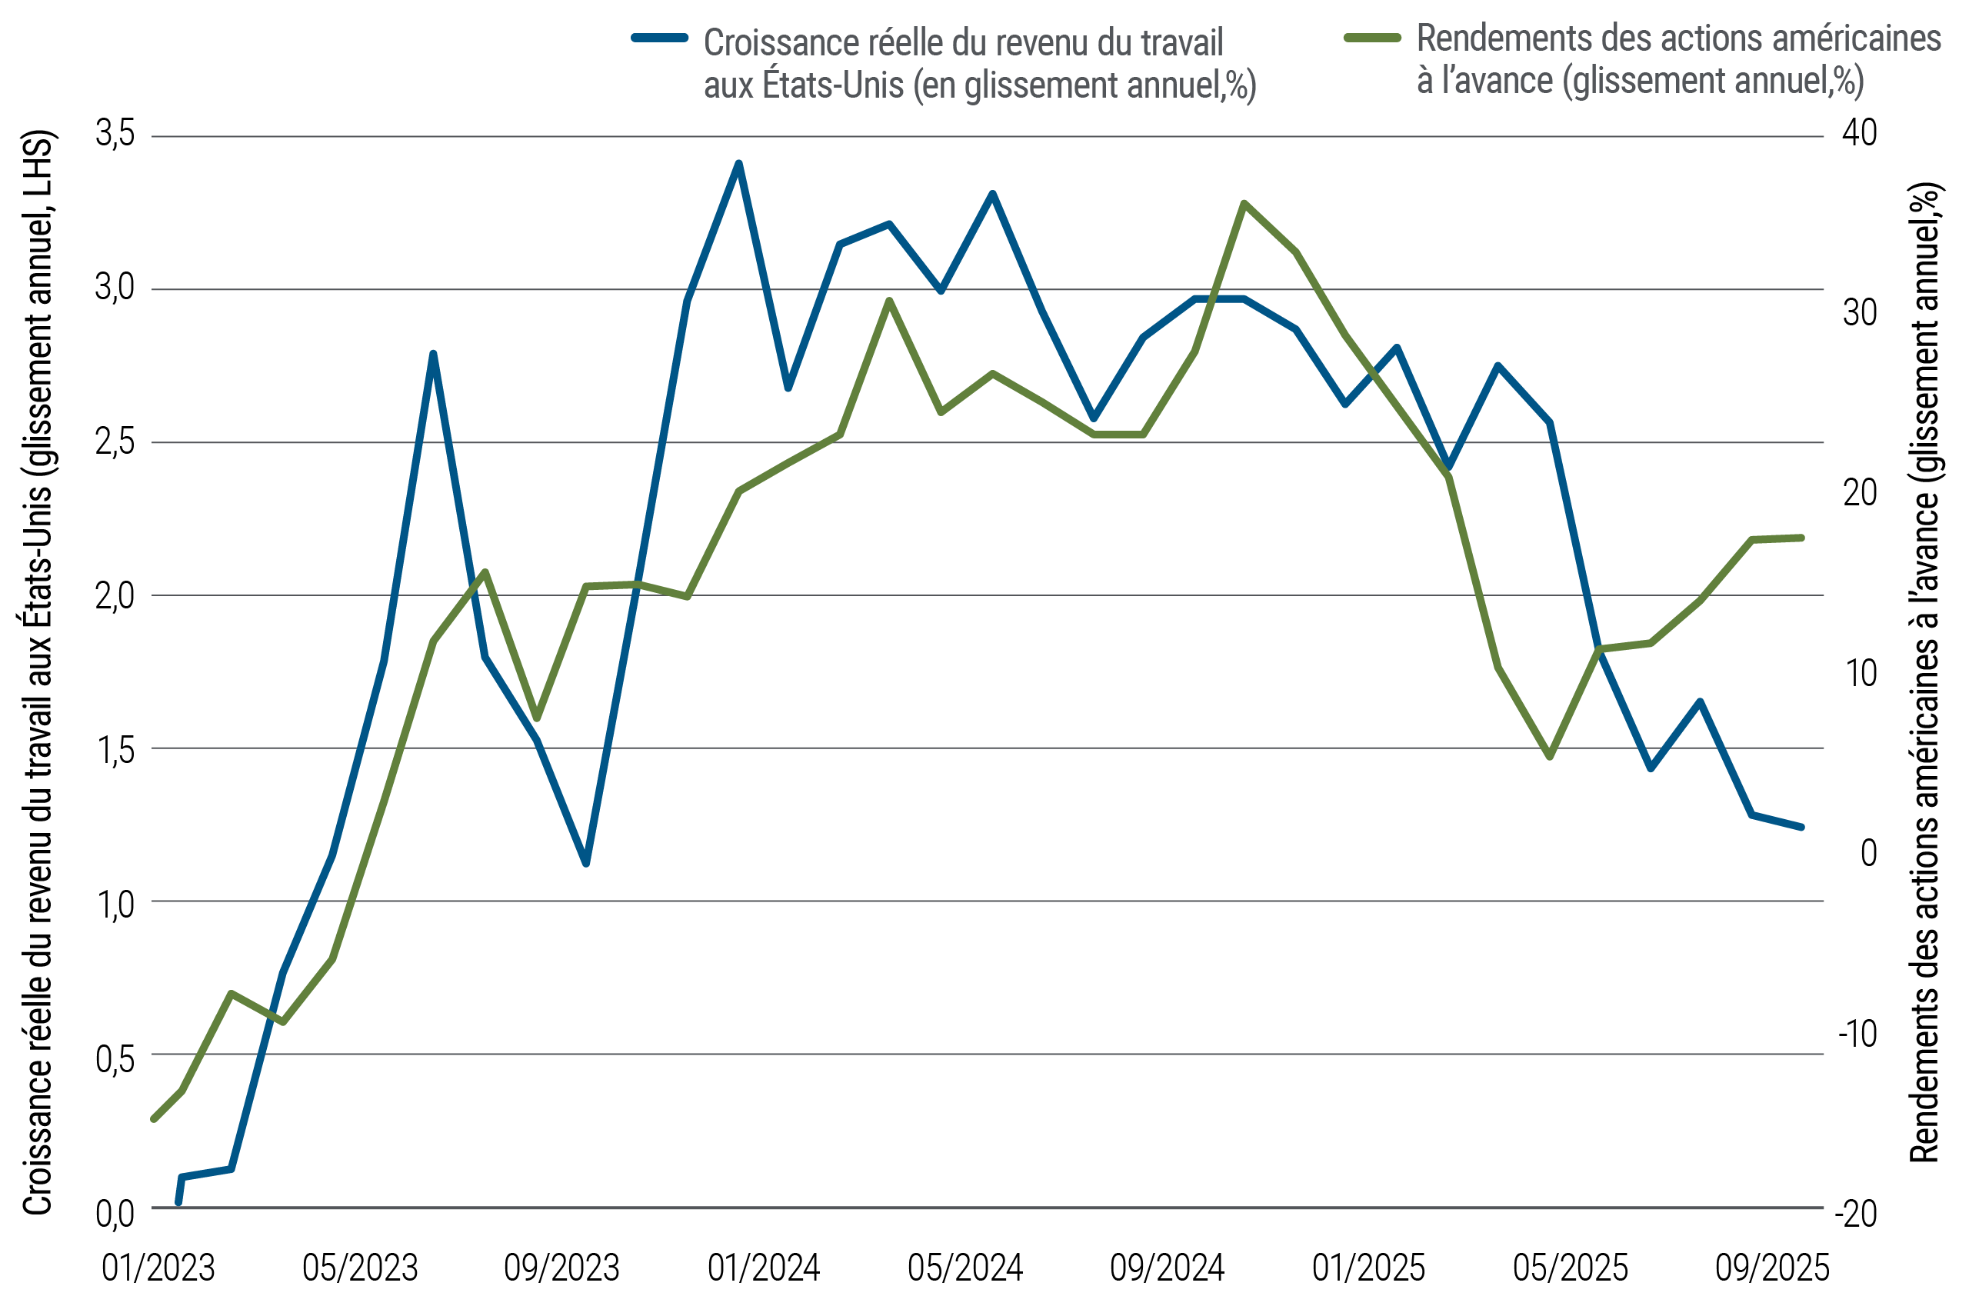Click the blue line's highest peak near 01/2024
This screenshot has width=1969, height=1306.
pos(738,163)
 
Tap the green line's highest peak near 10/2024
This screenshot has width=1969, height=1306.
pos(1243,203)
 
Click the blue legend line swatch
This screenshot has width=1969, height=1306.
pos(660,38)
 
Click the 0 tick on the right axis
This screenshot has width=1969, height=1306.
pos(1868,853)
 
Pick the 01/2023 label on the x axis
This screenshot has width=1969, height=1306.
pos(158,1268)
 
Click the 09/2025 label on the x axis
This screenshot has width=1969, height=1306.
pos(1771,1268)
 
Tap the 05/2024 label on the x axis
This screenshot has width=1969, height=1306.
pos(965,1268)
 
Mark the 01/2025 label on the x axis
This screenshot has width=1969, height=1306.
pos(1368,1268)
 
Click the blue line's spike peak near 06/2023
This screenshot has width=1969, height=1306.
pos(432,354)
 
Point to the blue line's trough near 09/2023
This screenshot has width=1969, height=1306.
pos(585,864)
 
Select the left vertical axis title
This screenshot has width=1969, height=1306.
pos(37,671)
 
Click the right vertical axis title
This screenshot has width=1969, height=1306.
pos(1925,671)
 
